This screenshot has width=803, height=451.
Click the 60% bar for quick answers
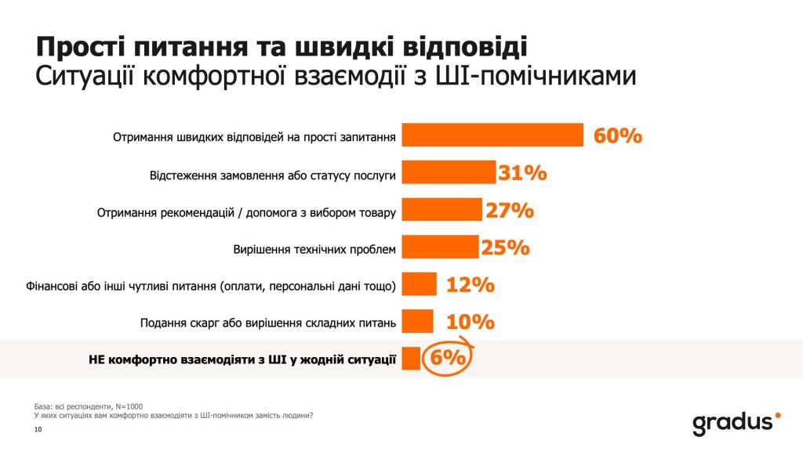pyautogui.click(x=492, y=135)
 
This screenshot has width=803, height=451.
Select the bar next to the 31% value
pyautogui.click(x=449, y=172)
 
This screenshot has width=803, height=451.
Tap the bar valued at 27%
pyautogui.click(x=441, y=210)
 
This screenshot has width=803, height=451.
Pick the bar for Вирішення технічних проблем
pyautogui.click(x=440, y=247)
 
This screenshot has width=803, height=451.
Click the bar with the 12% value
pyautogui.click(x=420, y=284)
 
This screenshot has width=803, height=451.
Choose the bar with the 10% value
pyautogui.click(x=417, y=321)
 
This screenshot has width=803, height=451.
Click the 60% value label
pyautogui.click(x=618, y=135)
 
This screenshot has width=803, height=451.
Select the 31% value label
pyautogui.click(x=522, y=173)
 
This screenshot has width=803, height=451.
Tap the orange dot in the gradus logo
pyautogui.click(x=777, y=416)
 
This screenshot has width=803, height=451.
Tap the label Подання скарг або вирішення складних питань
pyautogui.click(x=268, y=323)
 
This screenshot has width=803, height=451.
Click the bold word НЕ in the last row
pyautogui.click(x=94, y=360)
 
